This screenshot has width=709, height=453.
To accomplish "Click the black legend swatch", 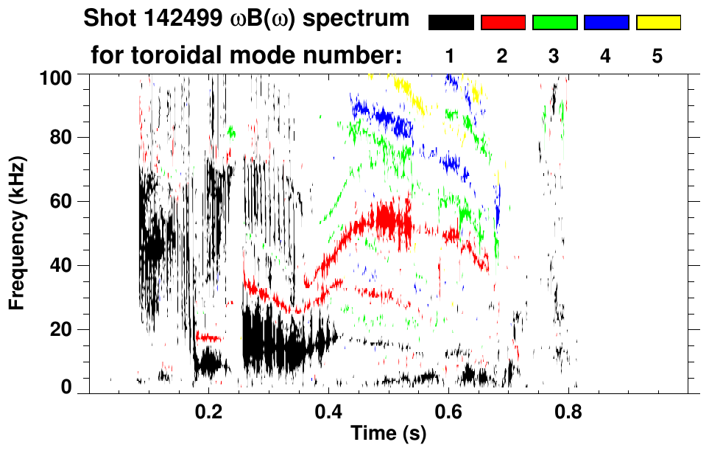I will point(451,23).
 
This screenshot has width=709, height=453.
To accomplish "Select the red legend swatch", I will point(503,23).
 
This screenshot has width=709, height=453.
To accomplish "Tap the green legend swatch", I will point(554,23).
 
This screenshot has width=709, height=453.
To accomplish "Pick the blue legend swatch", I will point(606,23).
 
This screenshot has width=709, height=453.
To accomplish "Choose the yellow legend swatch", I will point(657,23).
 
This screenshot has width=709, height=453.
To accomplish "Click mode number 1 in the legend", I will point(451,55).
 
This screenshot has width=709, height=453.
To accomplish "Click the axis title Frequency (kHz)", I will point(17,232).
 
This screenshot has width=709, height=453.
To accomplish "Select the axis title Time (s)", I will point(388,434).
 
